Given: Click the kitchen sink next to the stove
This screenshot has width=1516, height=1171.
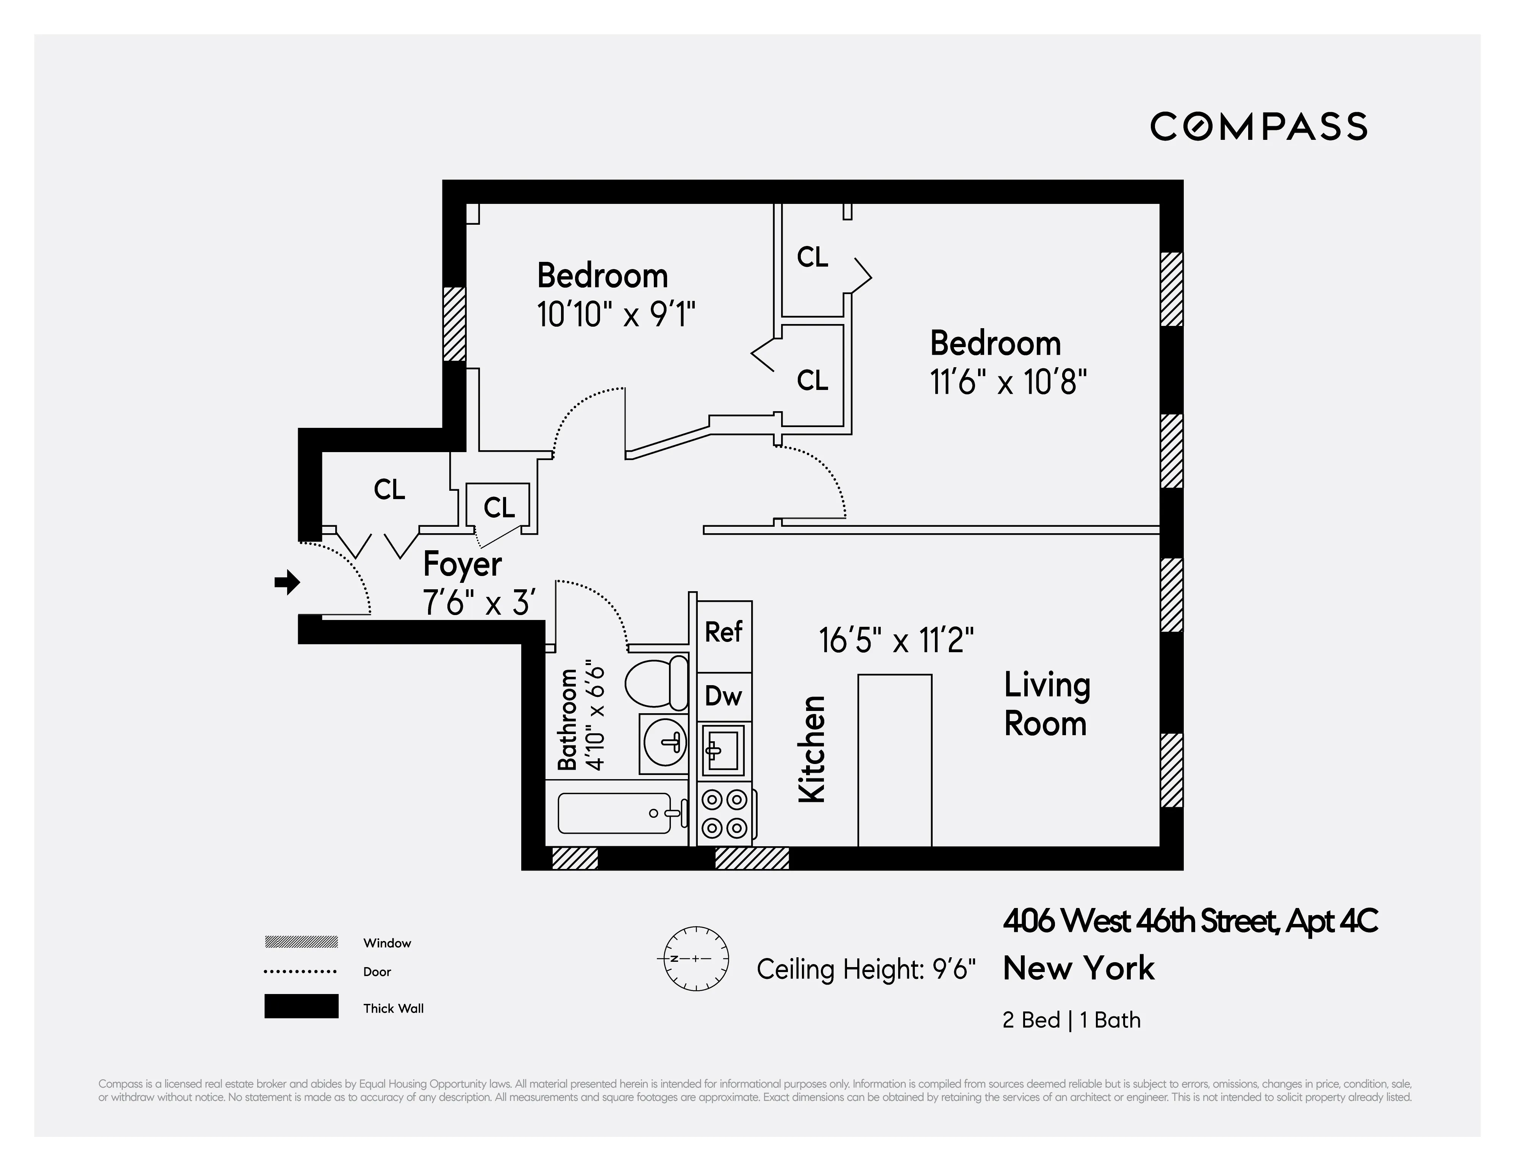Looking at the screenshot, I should click(x=723, y=750).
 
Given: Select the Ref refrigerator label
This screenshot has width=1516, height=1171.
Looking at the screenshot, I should click(x=723, y=632).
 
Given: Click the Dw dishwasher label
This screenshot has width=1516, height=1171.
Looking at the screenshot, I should click(x=723, y=696).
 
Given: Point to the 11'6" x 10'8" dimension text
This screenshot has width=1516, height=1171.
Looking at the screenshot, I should click(x=1008, y=382).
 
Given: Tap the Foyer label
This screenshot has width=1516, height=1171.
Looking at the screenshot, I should click(x=462, y=565).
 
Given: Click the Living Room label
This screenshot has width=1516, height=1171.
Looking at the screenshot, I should click(x=1046, y=704).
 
